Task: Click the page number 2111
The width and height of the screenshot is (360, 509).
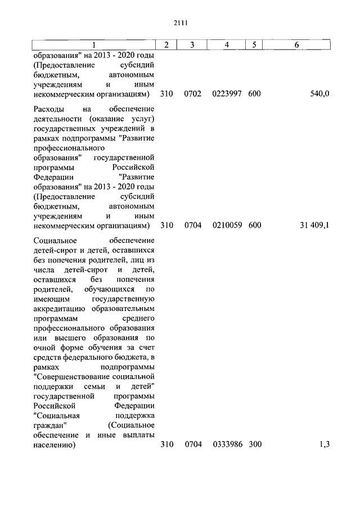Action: coord(180,23)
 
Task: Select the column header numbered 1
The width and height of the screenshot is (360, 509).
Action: coord(94,45)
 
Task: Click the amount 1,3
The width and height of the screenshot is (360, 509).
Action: coord(323,445)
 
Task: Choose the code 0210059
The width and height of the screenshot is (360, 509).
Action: coord(227,226)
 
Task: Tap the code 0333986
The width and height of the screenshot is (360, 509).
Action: coord(227,445)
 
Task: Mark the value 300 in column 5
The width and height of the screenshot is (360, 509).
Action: coord(254,445)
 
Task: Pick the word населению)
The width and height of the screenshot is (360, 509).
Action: coord(55,445)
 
